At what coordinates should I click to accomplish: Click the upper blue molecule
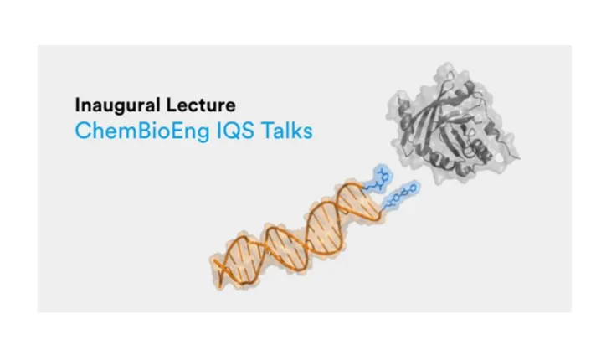(x=382, y=179)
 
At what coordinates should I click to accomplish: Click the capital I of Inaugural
(x=77, y=106)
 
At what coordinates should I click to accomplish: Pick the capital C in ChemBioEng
(x=82, y=131)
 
